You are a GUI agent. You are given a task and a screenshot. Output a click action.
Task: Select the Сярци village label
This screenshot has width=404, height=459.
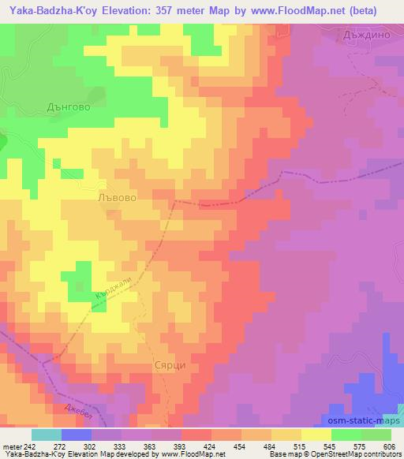[169, 367]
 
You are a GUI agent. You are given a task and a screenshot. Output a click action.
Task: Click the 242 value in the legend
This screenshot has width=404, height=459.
[29, 446]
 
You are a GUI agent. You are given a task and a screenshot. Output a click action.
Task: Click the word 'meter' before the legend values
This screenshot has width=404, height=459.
[10, 446]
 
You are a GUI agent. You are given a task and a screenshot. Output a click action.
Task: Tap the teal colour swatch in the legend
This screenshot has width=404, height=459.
[46, 435]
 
